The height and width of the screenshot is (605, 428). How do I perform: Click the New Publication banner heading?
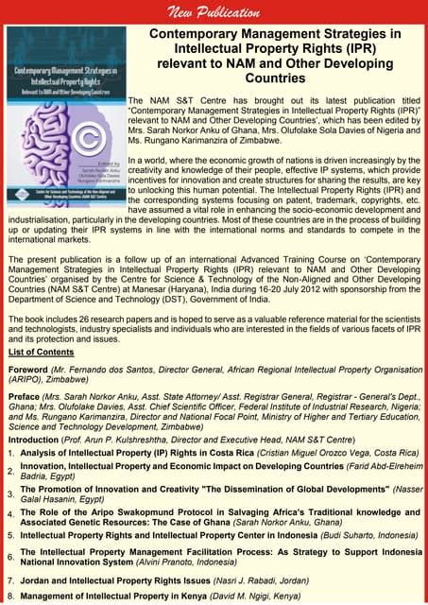pyautogui.click(x=214, y=12)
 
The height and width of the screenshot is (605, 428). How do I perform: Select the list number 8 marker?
pyautogui.click(x=10, y=596)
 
